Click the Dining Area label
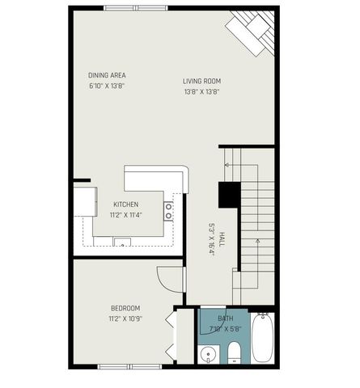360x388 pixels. coord(107,75)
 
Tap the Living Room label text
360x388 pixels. coord(201,81)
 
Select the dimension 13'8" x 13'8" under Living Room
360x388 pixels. coord(201,91)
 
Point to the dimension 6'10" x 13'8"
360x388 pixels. coord(107,86)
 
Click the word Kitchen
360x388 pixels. coord(125,204)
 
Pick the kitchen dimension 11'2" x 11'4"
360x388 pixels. coord(125,214)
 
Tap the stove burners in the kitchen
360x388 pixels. coord(168,211)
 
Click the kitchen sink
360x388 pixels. coord(122,241)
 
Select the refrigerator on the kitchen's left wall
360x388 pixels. coord(84,201)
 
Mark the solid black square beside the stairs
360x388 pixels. coord(229,196)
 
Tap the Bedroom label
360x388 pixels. coord(125,308)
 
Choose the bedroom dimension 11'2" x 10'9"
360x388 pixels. coord(125,318)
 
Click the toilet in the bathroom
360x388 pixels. coord(234,351)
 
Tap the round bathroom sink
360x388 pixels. coord(208,354)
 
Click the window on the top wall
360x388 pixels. coord(136,8)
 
